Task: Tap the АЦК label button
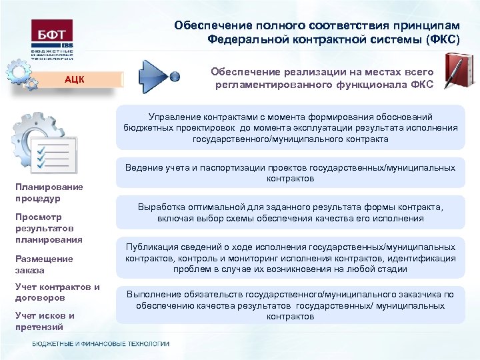74,79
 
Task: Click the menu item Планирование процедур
49,193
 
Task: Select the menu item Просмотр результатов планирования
49,228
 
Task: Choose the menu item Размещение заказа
44,264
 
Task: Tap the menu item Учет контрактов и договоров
57,292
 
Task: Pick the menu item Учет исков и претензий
45,321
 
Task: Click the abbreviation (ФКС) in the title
438,39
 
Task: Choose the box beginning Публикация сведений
291,258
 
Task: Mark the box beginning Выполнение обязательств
291,305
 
